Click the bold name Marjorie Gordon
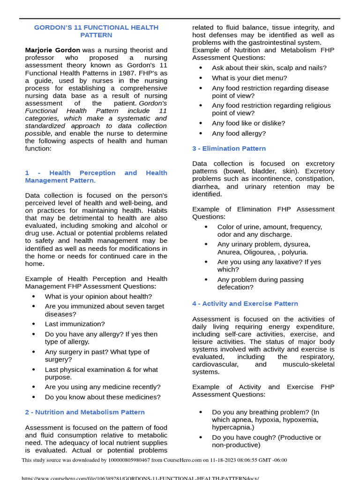(x=52, y=50)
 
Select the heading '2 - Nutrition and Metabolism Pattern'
(x=85, y=412)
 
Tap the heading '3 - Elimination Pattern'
(x=229, y=149)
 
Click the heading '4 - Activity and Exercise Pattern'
(x=245, y=304)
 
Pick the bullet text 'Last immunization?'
(x=75, y=324)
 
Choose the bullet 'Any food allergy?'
(x=239, y=134)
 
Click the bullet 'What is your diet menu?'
(x=249, y=78)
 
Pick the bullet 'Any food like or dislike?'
(x=248, y=123)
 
